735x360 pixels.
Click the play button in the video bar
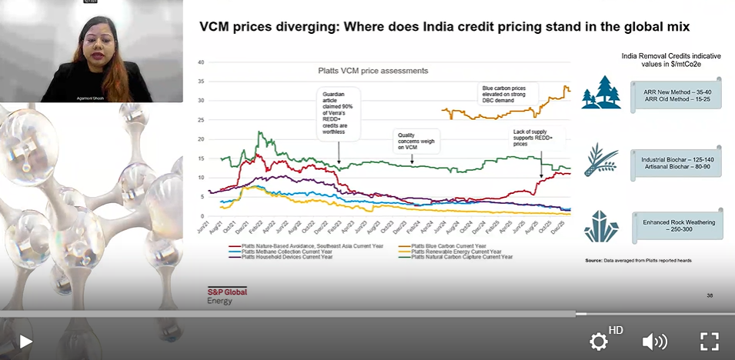25,341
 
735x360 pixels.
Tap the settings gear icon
599,342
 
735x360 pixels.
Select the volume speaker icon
654,342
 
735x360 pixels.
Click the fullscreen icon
709,342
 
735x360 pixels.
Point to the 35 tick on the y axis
201,82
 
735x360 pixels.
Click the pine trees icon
600,92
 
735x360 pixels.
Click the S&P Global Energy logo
227,295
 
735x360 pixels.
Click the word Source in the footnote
593,261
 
